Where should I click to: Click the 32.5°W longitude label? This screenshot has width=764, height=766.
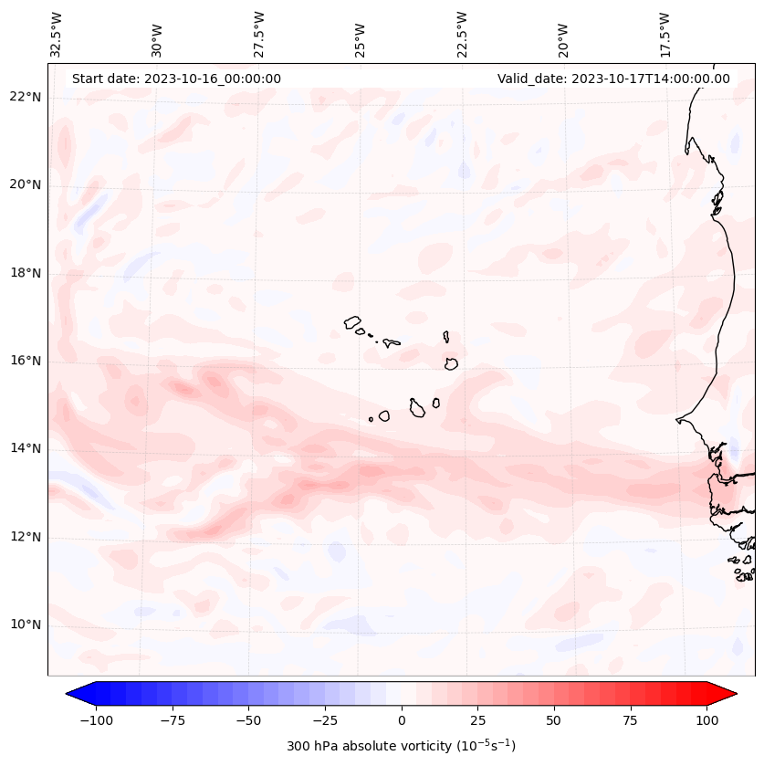click(x=57, y=34)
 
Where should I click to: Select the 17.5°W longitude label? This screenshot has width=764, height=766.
click(x=665, y=34)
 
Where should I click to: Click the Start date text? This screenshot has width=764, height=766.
click(x=176, y=79)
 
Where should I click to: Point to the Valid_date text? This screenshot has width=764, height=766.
click(x=613, y=79)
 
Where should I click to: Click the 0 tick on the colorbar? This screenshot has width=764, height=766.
click(x=402, y=720)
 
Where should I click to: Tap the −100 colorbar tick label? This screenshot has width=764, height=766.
click(x=96, y=720)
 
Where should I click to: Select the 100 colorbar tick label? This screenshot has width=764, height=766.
click(x=706, y=720)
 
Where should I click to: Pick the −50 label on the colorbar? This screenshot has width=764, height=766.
click(x=248, y=720)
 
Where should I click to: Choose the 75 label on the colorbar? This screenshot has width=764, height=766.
click(x=631, y=720)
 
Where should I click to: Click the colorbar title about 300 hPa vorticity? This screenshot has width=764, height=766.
click(x=402, y=746)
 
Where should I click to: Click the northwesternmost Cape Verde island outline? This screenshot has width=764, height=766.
click(x=352, y=321)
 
